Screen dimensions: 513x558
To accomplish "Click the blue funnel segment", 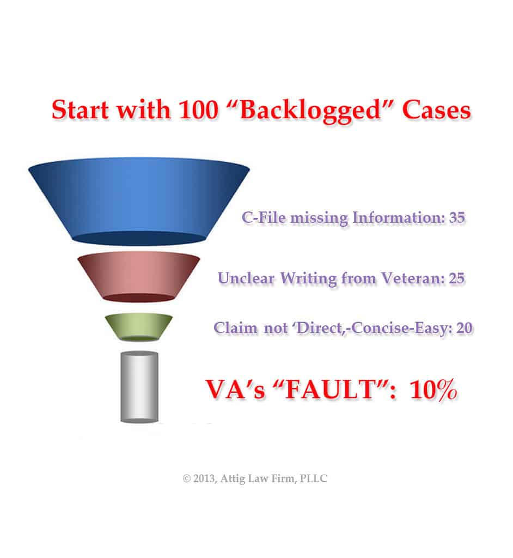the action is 139,201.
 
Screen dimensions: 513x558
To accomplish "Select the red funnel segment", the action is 139,276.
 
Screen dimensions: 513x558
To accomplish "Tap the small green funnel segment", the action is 139,327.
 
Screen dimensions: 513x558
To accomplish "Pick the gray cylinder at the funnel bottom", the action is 139,387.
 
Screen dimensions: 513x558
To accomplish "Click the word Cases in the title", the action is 436,110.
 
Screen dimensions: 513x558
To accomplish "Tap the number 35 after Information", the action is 457,217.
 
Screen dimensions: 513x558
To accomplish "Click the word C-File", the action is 264,217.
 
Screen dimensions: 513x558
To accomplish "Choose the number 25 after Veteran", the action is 457,278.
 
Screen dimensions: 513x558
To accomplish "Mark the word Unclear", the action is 246,278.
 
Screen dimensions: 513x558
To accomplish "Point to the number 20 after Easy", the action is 465,327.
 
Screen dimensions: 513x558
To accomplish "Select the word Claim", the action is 235,327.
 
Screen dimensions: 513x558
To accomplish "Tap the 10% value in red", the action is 433,389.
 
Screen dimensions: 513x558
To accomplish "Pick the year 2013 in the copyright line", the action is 204,478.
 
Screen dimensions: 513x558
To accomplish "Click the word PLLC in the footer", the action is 313,478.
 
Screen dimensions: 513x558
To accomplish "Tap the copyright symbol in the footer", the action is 186,478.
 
